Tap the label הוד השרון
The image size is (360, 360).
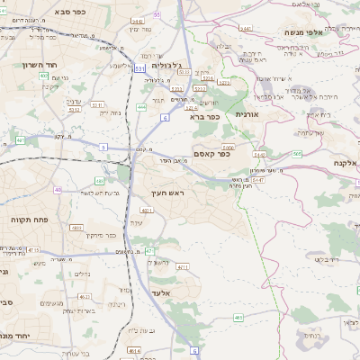(33, 65)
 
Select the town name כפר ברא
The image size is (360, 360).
(205, 116)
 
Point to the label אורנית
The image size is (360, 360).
(247, 115)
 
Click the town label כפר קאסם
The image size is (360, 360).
(212, 154)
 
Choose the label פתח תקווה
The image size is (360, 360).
(28, 219)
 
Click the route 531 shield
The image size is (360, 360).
(139, 67)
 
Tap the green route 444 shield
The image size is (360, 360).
(141, 107)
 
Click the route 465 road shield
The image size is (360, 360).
(238, 318)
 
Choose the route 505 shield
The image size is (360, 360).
(297, 154)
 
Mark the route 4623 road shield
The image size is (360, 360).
(84, 295)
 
